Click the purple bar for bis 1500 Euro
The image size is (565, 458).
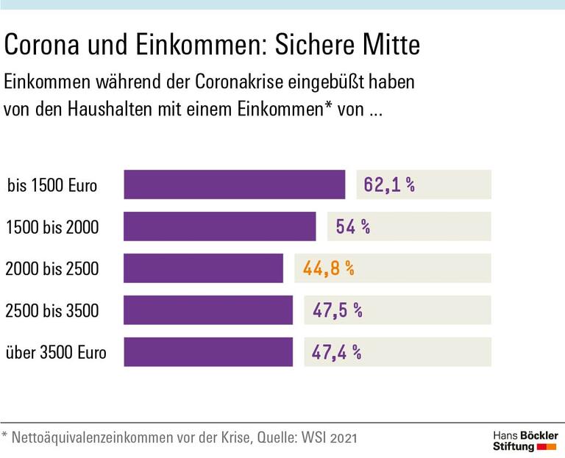(234, 185)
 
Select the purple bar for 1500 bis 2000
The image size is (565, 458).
(219, 226)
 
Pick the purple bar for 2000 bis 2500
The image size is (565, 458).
(203, 268)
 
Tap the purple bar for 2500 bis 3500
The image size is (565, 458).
(207, 310)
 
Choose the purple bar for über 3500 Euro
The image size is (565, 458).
(207, 352)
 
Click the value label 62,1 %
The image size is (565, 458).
(389, 185)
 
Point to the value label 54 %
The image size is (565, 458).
(352, 226)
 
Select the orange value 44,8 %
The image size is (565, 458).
(328, 268)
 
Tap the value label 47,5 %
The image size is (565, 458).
(337, 310)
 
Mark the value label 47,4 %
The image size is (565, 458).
(336, 352)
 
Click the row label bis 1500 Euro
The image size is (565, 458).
(52, 185)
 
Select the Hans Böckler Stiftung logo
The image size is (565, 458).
(525, 441)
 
